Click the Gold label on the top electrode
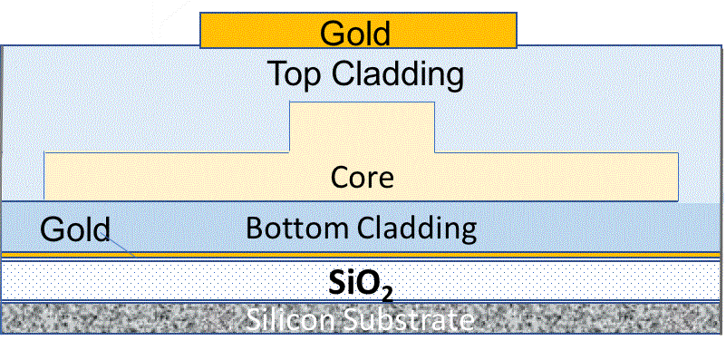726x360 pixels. (x=355, y=34)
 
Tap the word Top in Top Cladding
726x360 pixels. (x=293, y=74)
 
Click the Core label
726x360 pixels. (x=362, y=178)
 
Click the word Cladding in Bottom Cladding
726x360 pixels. (x=414, y=229)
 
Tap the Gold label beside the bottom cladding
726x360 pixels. (x=75, y=229)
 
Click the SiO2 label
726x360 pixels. (x=361, y=286)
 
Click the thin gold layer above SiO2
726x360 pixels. (x=361, y=255)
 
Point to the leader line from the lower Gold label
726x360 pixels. (x=121, y=246)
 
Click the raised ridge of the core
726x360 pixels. (x=362, y=128)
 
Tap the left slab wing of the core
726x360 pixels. (x=167, y=177)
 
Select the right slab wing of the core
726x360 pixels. (x=557, y=177)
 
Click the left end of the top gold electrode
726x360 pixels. (x=201, y=30)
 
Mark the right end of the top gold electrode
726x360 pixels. (x=516, y=30)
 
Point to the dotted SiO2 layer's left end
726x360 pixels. (x=3, y=281)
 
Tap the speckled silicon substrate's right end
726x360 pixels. (x=721, y=318)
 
